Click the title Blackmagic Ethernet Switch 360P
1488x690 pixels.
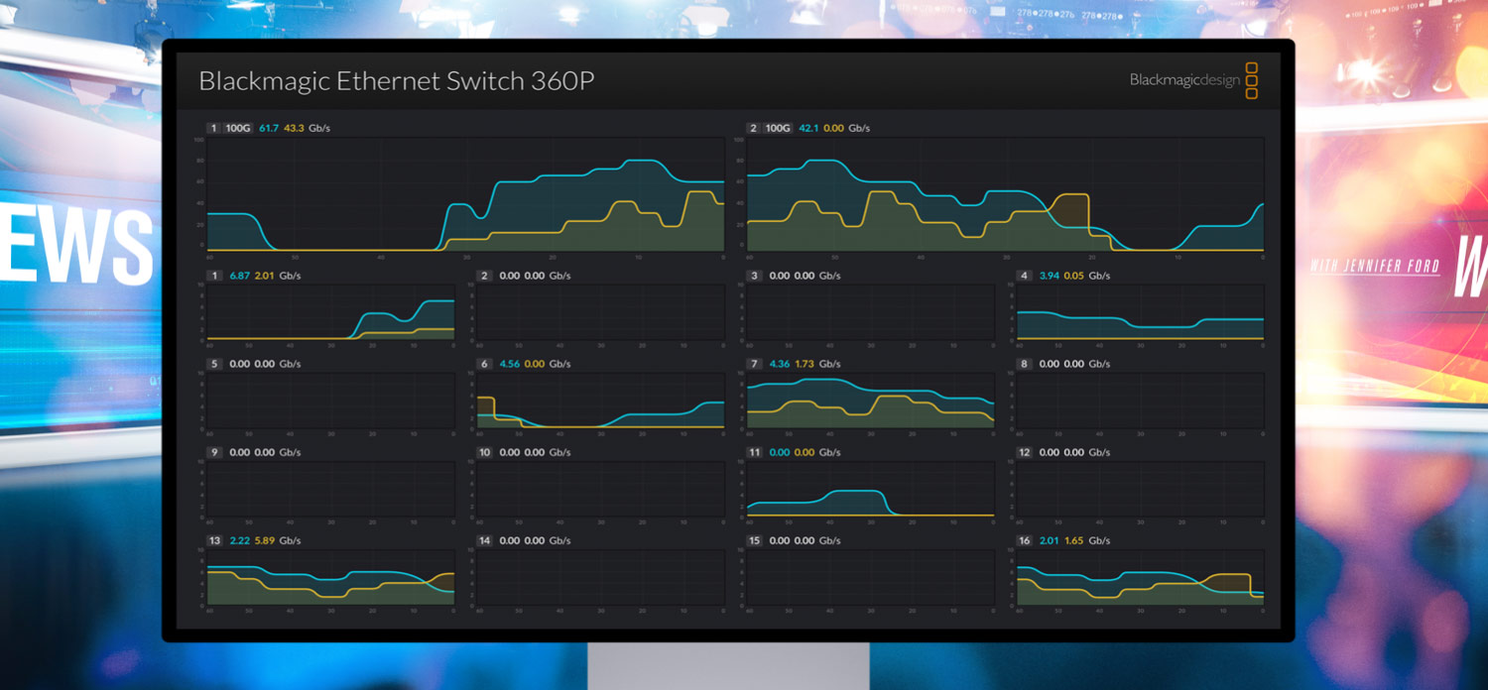pyautogui.click(x=396, y=81)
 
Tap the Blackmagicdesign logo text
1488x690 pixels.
pyautogui.click(x=1184, y=80)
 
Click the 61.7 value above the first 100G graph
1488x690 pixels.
pyautogui.click(x=269, y=129)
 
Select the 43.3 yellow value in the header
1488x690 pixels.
pyautogui.click(x=294, y=129)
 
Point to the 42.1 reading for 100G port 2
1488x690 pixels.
pyautogui.click(x=808, y=129)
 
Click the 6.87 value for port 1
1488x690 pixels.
pyautogui.click(x=239, y=276)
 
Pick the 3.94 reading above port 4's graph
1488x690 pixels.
pyautogui.click(x=1050, y=276)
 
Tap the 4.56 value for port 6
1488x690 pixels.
pyautogui.click(x=509, y=364)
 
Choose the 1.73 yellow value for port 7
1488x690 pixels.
pyautogui.click(x=805, y=364)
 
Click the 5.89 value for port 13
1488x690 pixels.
pyautogui.click(x=264, y=541)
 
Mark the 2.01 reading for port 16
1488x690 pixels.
pyautogui.click(x=1050, y=541)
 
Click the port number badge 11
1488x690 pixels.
pyautogui.click(x=754, y=453)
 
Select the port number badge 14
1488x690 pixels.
pyautogui.click(x=484, y=541)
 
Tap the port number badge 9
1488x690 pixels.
pyautogui.click(x=214, y=453)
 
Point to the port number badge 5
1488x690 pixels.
pyautogui.click(x=214, y=364)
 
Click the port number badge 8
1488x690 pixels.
pyautogui.click(x=1024, y=364)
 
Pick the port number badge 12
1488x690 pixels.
pyautogui.click(x=1025, y=453)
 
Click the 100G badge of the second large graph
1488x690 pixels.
pyautogui.click(x=779, y=129)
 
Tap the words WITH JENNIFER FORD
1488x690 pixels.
pyautogui.click(x=1374, y=267)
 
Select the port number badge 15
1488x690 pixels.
pyautogui.click(x=754, y=541)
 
